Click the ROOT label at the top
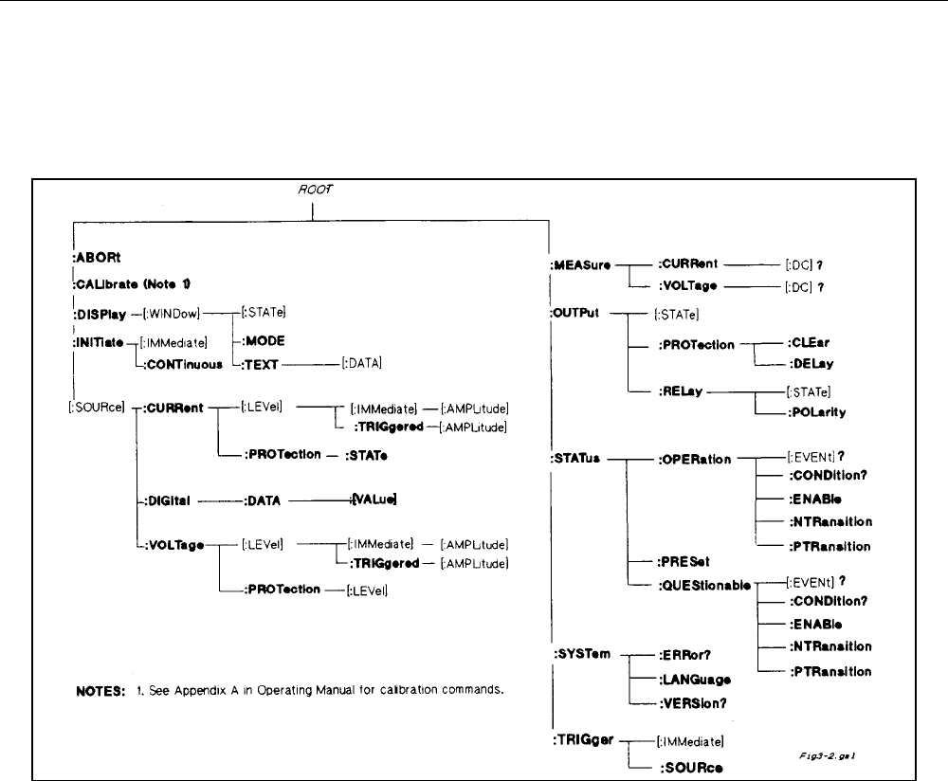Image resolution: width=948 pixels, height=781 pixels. click(313, 190)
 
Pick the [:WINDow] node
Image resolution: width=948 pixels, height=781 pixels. click(169, 310)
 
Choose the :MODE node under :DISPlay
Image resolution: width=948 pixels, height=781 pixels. click(263, 336)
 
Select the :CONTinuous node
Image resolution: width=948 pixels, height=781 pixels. click(177, 363)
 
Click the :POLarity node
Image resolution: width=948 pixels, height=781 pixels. click(821, 413)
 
